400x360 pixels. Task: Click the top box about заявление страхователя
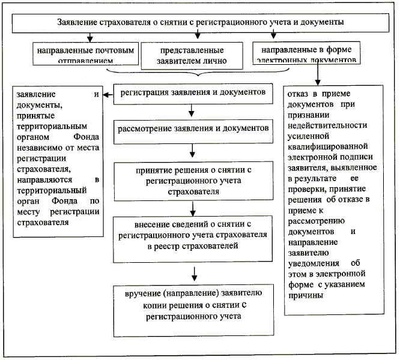[x=200, y=23]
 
